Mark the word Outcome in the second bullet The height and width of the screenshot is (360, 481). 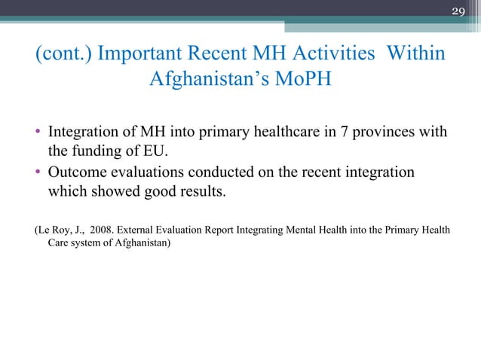click(77, 172)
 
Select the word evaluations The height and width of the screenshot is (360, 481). click(146, 172)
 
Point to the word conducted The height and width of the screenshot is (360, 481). click(223, 172)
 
